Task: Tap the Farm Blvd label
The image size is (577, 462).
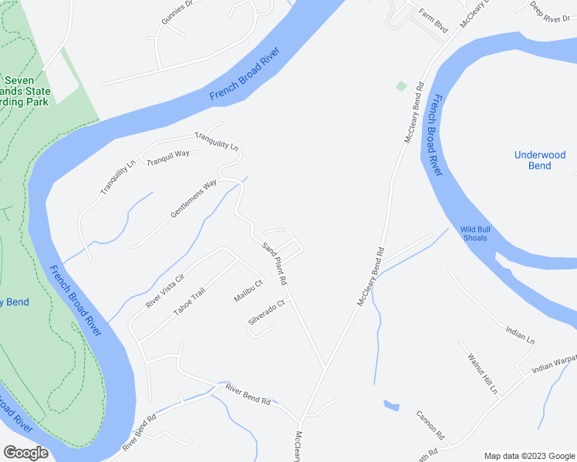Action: (433, 19)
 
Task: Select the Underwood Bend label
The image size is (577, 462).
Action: (540, 160)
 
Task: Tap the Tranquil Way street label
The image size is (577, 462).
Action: (168, 154)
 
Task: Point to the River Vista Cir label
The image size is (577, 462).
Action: (165, 291)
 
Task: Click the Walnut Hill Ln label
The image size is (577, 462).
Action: (483, 373)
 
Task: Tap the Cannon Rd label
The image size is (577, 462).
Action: (430, 423)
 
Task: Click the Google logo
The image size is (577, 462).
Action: (25, 453)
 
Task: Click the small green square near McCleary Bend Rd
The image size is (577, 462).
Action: (401, 85)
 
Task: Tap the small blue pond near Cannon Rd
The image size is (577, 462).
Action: (391, 405)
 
